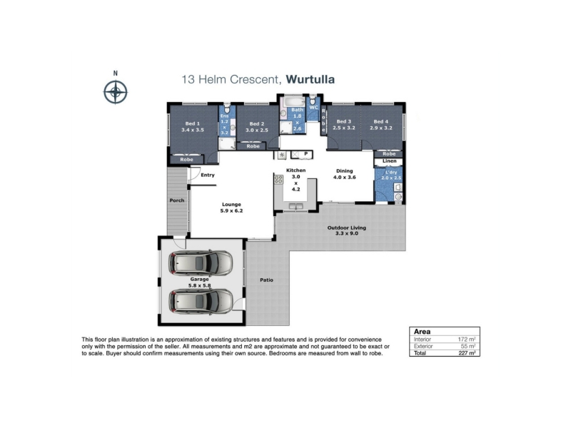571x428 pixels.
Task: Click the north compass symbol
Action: click(x=116, y=92)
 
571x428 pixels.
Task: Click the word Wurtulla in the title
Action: click(x=310, y=79)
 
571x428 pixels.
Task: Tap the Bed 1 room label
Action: click(x=192, y=123)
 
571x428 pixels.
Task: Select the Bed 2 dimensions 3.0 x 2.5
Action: click(x=257, y=130)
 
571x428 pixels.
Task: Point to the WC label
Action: click(x=313, y=108)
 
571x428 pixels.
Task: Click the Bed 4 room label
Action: click(x=381, y=121)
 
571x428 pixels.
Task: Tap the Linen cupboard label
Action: click(x=389, y=161)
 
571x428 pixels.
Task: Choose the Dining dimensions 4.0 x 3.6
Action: click(x=345, y=177)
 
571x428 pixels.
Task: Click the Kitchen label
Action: click(x=295, y=170)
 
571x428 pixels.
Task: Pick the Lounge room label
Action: click(x=231, y=204)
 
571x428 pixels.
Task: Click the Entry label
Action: click(x=208, y=175)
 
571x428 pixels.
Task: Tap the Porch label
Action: click(x=177, y=200)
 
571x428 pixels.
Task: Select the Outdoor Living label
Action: click(x=347, y=228)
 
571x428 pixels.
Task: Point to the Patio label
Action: click(x=266, y=280)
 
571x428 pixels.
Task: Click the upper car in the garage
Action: click(x=201, y=263)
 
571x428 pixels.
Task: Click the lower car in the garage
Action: click(x=201, y=301)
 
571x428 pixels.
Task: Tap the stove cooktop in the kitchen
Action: click(x=278, y=179)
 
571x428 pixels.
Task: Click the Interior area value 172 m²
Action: click(x=467, y=340)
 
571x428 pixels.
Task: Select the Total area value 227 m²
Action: click(x=467, y=353)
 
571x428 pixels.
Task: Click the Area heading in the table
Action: click(x=422, y=332)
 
